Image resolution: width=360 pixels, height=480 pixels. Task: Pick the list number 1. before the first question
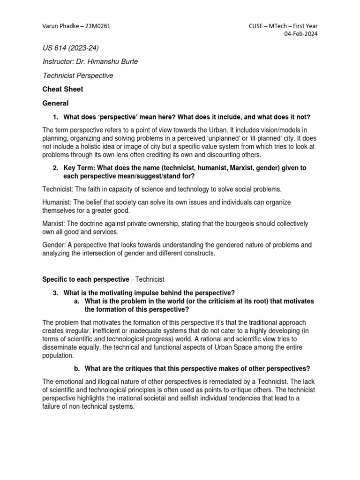(55, 117)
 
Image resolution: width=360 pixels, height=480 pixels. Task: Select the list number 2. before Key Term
(55, 168)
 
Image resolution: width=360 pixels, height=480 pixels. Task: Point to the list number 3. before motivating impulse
(55, 293)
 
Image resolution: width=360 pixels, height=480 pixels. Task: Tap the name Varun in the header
(51, 26)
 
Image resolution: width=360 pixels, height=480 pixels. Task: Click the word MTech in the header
(282, 26)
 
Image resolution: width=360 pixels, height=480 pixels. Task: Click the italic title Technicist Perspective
(78, 75)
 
